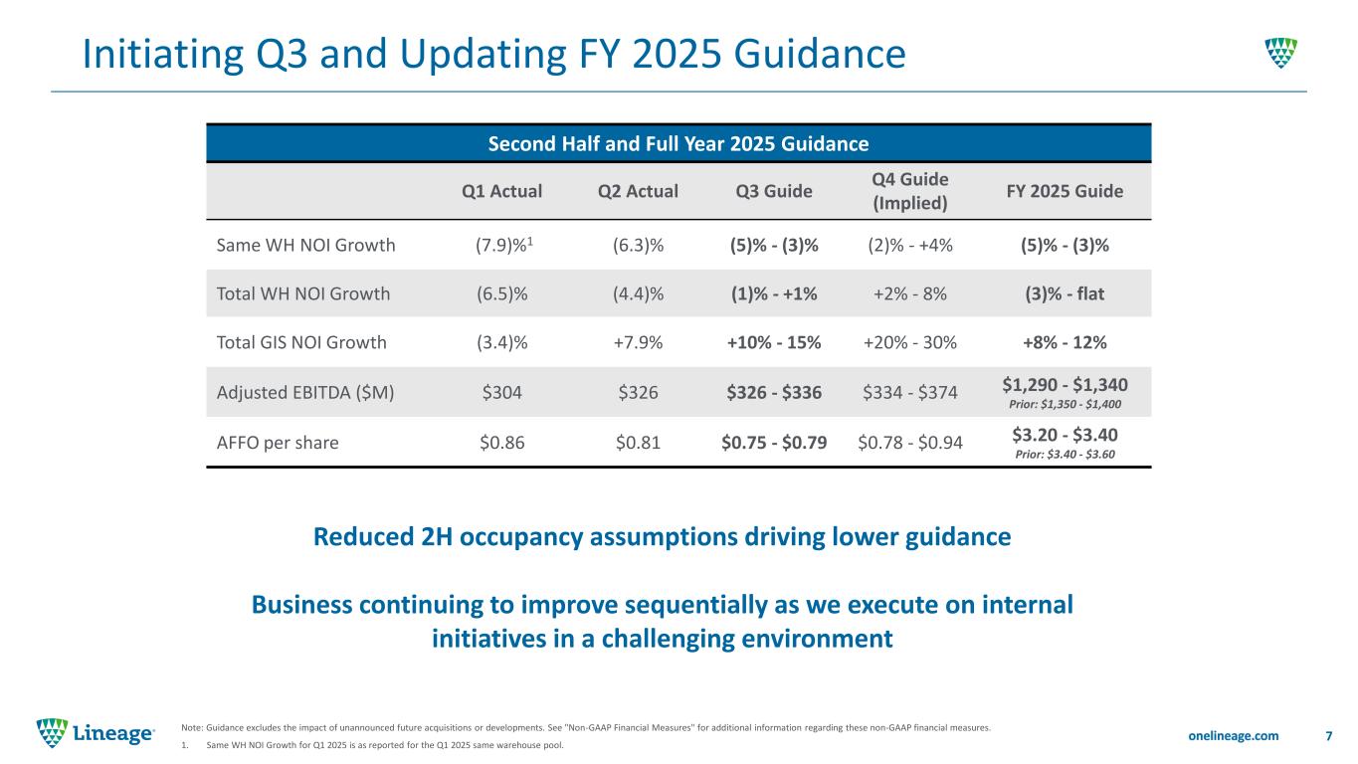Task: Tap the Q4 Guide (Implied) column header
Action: click(x=909, y=190)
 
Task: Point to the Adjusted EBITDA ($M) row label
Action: click(x=305, y=392)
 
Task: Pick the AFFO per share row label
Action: click(x=278, y=443)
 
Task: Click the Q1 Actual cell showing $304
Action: click(x=502, y=392)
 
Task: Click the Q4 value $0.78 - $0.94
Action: click(x=909, y=443)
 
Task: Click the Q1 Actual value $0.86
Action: click(x=502, y=443)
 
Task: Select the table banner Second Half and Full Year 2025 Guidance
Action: click(x=678, y=143)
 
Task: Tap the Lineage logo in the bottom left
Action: click(x=96, y=734)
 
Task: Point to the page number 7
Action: click(x=1329, y=735)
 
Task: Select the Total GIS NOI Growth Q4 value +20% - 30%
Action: click(x=909, y=343)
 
